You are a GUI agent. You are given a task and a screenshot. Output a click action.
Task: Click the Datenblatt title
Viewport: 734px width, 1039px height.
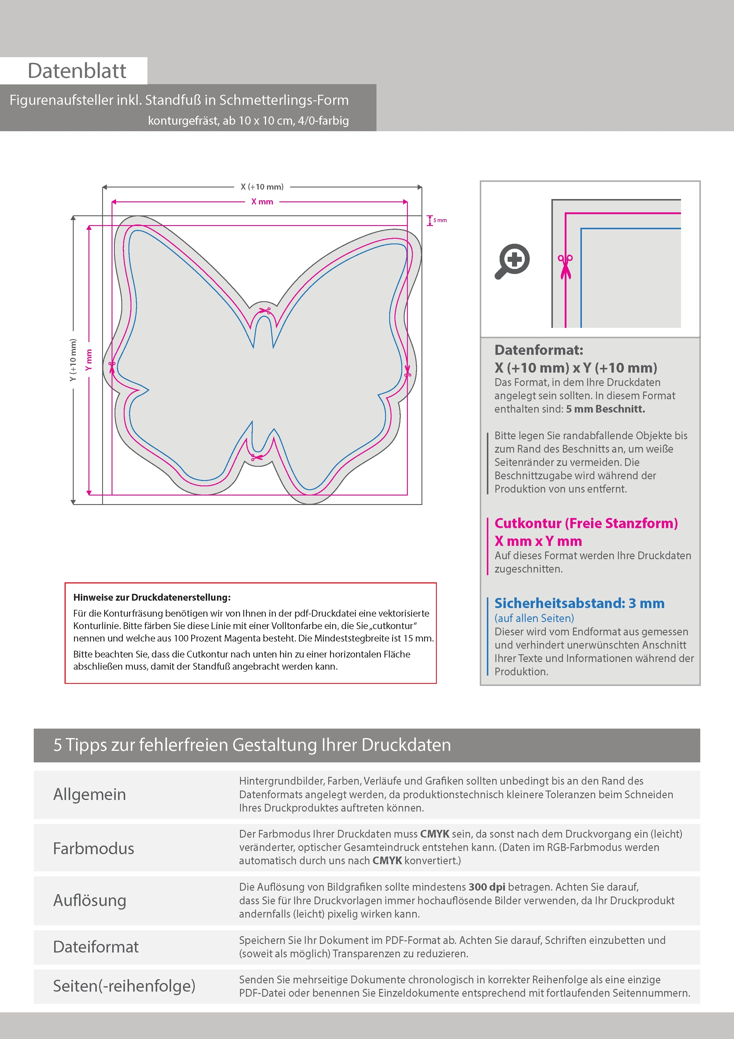pos(77,70)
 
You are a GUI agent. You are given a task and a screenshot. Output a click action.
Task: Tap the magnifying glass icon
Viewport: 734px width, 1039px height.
pos(512,261)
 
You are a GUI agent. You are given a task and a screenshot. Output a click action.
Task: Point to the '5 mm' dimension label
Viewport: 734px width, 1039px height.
pos(440,220)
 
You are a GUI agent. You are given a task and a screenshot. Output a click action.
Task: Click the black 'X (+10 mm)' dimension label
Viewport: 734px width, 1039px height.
pos(262,186)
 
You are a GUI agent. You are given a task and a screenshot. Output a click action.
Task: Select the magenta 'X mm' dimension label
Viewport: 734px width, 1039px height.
pos(262,202)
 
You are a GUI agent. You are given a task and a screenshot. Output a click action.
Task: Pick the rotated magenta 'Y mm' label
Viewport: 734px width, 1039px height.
pos(89,360)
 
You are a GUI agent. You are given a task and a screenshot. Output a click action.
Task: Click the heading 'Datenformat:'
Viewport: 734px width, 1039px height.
pos(539,350)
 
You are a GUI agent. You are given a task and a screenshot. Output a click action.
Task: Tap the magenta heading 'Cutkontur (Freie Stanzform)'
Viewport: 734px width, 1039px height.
pos(586,523)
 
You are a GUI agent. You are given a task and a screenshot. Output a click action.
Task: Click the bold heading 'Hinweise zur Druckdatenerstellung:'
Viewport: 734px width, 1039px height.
pos(152,597)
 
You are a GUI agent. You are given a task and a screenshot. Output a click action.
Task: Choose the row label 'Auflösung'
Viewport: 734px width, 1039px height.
pos(90,900)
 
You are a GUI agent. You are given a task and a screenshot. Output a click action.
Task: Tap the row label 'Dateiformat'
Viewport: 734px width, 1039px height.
pos(96,947)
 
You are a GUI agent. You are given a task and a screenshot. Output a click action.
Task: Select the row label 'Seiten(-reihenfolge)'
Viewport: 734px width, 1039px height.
pos(124,986)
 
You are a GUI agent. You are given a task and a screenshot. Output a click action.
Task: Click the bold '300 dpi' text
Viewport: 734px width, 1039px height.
pos(487,887)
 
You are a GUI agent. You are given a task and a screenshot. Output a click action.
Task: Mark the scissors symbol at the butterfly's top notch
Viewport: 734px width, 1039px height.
pos(264,311)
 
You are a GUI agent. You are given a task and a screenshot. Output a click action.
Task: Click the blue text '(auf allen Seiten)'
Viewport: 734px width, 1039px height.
pos(534,618)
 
